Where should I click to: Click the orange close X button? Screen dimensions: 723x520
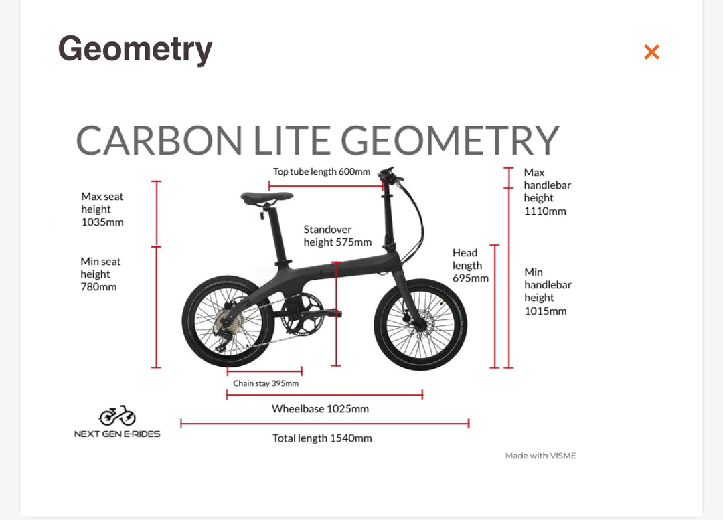[651, 52]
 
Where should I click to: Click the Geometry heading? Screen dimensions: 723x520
[135, 50]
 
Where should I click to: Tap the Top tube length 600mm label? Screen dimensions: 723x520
[321, 171]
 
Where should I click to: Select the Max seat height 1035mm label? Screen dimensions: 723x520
[102, 209]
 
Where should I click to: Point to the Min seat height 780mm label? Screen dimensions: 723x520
[100, 274]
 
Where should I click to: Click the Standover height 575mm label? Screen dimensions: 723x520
[337, 236]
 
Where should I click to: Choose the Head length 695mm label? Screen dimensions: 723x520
[471, 266]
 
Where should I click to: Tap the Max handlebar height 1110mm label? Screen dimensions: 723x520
[548, 192]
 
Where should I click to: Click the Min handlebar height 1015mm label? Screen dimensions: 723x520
[548, 291]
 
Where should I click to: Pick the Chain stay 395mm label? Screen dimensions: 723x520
[266, 383]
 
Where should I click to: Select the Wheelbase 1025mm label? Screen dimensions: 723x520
[320, 409]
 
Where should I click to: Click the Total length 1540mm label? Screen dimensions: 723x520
[322, 438]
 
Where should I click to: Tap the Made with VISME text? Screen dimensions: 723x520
[540, 456]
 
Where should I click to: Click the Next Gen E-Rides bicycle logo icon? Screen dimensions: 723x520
[117, 416]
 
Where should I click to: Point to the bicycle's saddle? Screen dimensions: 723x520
[266, 198]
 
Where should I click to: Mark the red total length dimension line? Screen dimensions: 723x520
[325, 424]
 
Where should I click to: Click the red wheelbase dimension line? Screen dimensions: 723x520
[325, 394]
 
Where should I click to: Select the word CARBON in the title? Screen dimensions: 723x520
[159, 141]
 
